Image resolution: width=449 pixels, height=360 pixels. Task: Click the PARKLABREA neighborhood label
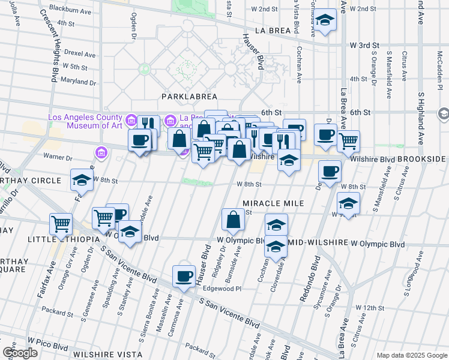point(188,96)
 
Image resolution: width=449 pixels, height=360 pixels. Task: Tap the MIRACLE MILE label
point(273,203)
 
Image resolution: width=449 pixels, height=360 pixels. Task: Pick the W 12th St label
point(369,307)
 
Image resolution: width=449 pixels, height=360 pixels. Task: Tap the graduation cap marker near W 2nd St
point(325,20)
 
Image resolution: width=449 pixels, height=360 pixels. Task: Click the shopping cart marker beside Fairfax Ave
point(61,224)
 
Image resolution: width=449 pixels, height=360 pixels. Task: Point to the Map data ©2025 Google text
point(411,355)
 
